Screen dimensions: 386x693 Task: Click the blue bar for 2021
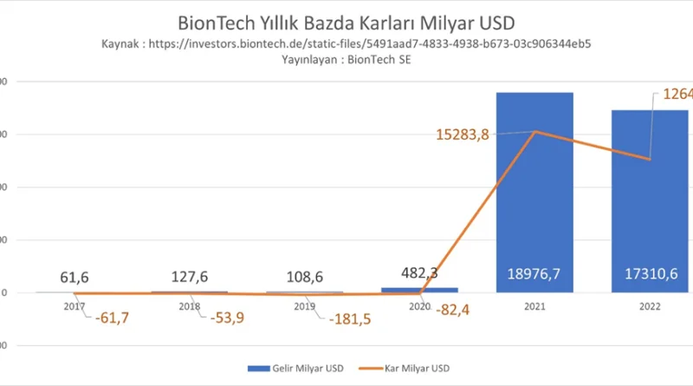pyautogui.click(x=534, y=191)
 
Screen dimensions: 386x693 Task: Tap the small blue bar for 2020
pyautogui.click(x=420, y=290)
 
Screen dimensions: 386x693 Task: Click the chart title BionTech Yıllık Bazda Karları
pyautogui.click(x=340, y=21)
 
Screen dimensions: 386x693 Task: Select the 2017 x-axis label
pyautogui.click(x=74, y=305)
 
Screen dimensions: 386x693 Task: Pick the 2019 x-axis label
pyautogui.click(x=304, y=305)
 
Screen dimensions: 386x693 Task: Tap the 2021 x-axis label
pyautogui.click(x=534, y=305)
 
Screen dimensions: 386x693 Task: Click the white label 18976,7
pyautogui.click(x=534, y=273)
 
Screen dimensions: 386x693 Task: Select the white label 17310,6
pyautogui.click(x=650, y=273)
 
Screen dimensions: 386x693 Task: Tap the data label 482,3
pyautogui.click(x=420, y=272)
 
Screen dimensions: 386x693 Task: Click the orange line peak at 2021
pyautogui.click(x=534, y=132)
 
